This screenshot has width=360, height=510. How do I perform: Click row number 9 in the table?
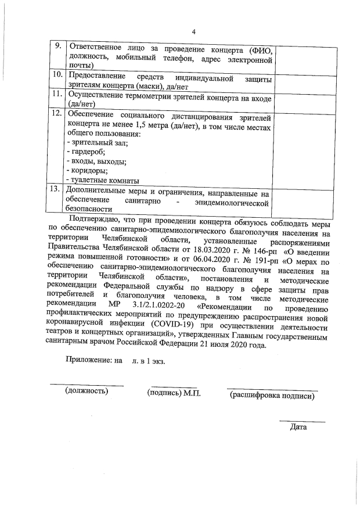(x=56, y=47)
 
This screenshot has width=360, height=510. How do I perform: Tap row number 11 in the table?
(x=56, y=94)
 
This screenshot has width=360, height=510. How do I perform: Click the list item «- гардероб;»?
(x=86, y=152)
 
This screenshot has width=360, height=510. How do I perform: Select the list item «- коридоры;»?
(x=87, y=171)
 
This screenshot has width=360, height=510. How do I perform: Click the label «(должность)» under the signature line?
(x=87, y=391)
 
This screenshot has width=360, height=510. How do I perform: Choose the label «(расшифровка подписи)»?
(x=272, y=396)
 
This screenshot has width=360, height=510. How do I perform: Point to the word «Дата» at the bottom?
(x=298, y=428)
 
